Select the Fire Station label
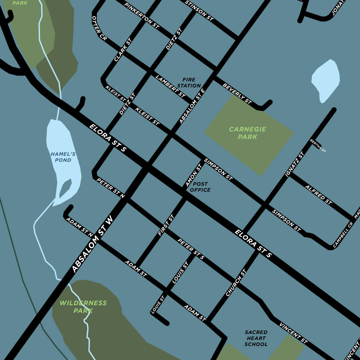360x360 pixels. point(189,83)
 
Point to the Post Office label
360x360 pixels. point(200,187)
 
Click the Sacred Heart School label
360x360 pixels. point(256,338)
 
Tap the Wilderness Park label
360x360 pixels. point(83,307)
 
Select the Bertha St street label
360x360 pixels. point(318,146)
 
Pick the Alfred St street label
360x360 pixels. point(318,195)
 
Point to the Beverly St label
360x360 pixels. point(237,94)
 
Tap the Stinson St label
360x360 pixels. point(199,10)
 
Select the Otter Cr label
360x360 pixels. point(99,29)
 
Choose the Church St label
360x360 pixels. point(236,282)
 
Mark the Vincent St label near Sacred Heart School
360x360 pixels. point(293,333)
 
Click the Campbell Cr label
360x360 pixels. point(343,234)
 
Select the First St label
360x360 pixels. point(166,225)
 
